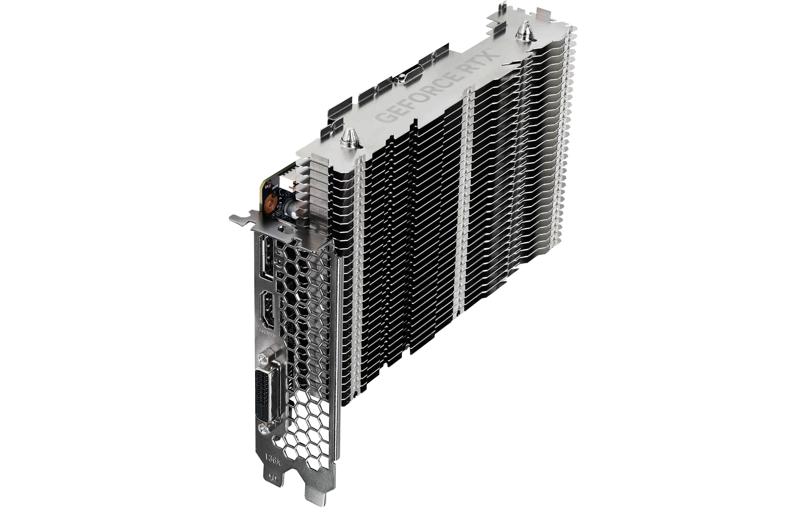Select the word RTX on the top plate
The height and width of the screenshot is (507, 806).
coord(482,59)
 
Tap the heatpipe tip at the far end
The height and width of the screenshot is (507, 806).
coord(522,34)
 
